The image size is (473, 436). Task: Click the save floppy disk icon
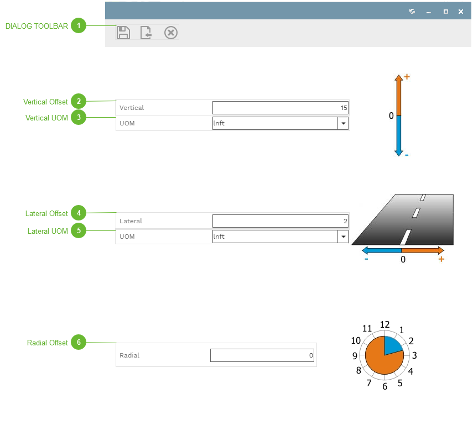[123, 33]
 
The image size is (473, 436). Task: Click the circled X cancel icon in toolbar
[171, 33]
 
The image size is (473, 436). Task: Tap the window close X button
[461, 12]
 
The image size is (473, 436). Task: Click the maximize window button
[445, 12]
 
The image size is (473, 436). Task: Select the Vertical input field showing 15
[280, 108]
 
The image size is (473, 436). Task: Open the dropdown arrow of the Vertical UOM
[343, 123]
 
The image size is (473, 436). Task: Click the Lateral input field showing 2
[280, 221]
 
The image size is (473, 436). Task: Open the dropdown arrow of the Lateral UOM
[343, 237]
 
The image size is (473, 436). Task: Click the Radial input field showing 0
[262, 355]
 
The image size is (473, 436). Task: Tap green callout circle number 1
[79, 25]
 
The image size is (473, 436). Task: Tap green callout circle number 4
[79, 213]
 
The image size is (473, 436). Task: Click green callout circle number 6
[79, 343]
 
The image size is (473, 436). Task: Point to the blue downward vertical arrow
[398, 135]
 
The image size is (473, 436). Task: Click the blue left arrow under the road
[382, 251]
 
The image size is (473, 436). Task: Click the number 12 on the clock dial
[385, 325]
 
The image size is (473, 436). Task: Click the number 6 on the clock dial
[385, 386]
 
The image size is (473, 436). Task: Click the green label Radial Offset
[48, 343]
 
